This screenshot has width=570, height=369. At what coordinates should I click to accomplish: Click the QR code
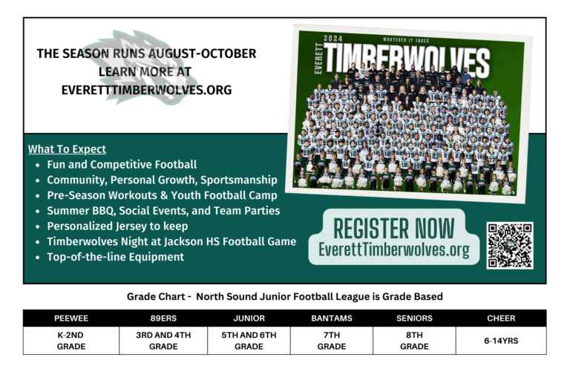coord(509,245)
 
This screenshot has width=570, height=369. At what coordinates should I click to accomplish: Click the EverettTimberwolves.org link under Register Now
coord(394,250)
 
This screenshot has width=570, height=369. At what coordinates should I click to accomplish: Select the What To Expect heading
coord(67,149)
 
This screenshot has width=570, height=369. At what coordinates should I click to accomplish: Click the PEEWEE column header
coord(71,319)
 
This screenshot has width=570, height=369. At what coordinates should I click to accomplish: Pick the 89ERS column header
coord(163,319)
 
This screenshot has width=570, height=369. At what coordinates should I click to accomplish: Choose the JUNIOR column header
coord(249,319)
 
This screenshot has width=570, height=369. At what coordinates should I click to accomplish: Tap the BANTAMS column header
coord(331,319)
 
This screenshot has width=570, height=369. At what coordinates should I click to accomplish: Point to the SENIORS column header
coord(414,319)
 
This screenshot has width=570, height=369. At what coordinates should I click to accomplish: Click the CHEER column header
coord(501,319)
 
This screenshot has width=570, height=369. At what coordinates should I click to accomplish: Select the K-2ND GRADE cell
coord(71,341)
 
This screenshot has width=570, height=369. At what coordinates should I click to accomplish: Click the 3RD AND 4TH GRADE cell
coord(163,341)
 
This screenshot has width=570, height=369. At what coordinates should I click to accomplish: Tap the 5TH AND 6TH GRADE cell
coord(249,341)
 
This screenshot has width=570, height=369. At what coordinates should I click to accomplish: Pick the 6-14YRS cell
coord(501,341)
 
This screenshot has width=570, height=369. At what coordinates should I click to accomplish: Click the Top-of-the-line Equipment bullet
coord(115,257)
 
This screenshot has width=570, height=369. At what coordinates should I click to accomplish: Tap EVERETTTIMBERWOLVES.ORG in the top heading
coord(147,89)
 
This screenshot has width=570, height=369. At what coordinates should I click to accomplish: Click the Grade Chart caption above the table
coord(285,296)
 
